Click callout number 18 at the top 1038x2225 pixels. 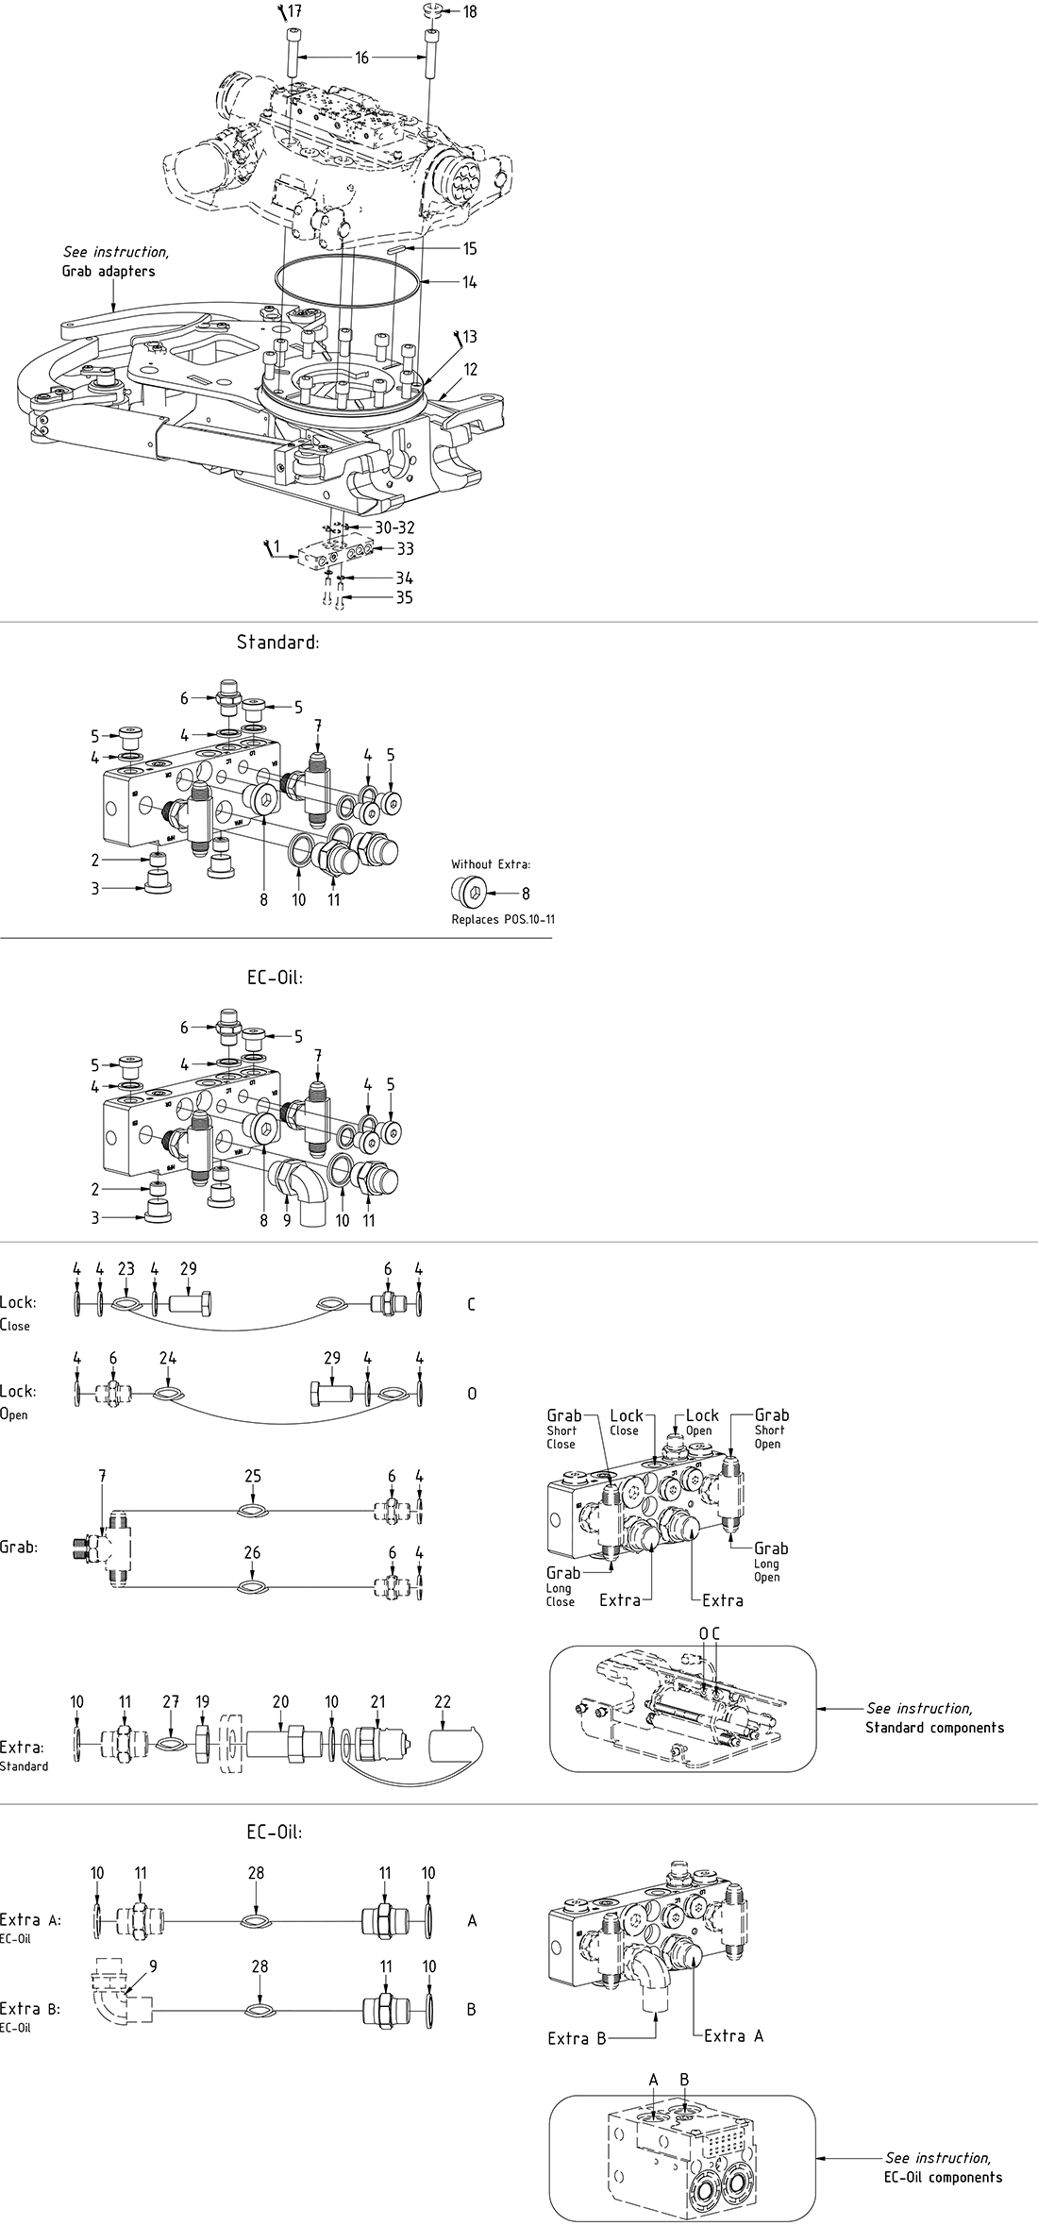[469, 11]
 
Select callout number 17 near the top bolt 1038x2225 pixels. [295, 11]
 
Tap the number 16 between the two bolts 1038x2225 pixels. [361, 58]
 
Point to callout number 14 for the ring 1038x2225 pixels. [469, 281]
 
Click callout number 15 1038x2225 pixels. [469, 249]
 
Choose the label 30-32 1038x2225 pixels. [393, 527]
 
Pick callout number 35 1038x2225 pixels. [404, 597]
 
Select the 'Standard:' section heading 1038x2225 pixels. [278, 642]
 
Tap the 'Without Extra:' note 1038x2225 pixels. [491, 863]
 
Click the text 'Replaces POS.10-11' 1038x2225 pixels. [500, 919]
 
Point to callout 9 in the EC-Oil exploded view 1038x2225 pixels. [286, 1220]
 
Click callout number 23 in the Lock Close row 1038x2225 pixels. [126, 1269]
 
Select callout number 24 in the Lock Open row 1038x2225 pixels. [168, 1358]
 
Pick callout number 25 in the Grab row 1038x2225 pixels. [252, 1477]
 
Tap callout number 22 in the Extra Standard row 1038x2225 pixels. [443, 1702]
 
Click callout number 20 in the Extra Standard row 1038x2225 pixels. [280, 1702]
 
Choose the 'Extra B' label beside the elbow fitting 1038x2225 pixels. [576, 2038]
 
